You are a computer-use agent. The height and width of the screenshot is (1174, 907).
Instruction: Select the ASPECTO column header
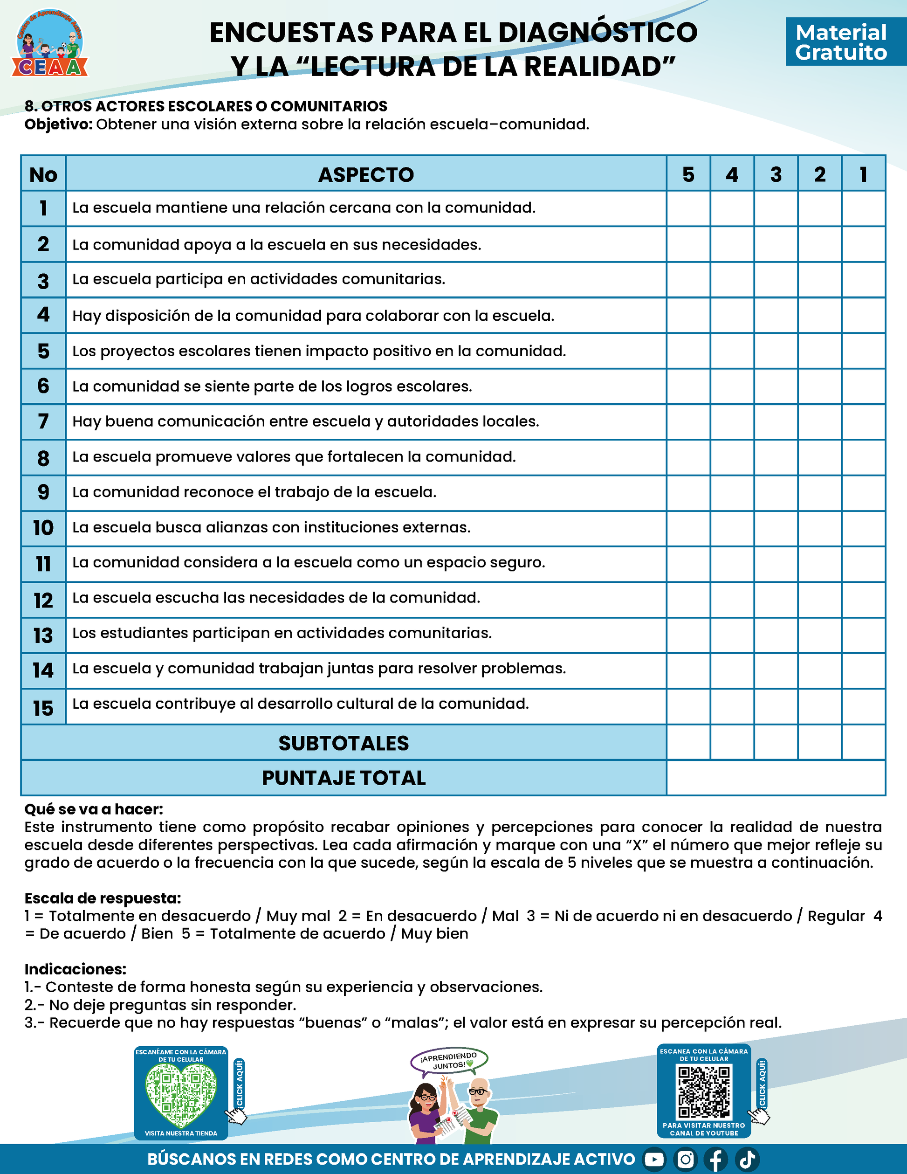366,174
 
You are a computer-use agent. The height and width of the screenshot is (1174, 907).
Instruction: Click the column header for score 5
688,174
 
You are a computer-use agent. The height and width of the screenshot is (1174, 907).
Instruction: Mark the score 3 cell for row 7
776,421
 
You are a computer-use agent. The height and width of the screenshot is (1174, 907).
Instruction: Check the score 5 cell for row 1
688,208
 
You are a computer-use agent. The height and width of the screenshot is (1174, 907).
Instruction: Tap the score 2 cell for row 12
819,600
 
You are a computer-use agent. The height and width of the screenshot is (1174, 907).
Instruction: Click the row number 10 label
43,528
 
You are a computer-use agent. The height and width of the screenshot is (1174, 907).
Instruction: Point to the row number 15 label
43,707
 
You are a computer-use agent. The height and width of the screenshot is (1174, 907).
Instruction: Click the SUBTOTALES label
344,743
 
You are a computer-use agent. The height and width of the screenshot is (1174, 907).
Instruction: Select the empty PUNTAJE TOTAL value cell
776,778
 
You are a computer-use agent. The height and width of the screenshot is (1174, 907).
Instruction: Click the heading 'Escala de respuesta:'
103,898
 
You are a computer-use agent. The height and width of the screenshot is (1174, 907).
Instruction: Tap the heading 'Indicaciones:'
75,969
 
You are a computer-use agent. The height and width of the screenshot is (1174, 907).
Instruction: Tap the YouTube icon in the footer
654,1160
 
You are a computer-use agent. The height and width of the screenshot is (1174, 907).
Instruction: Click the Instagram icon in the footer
685,1160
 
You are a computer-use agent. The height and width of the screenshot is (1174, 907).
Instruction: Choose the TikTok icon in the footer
748,1160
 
